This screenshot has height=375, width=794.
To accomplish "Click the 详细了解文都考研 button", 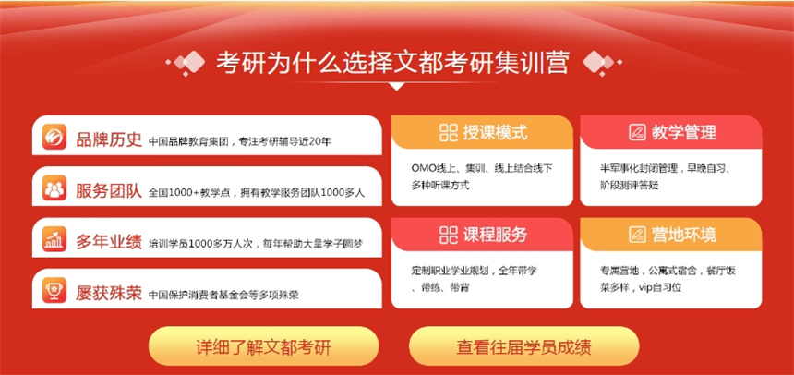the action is (x=263, y=346).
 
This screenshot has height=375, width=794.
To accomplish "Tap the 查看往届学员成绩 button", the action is (x=523, y=346).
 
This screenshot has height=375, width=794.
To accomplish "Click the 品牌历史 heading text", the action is (x=109, y=139).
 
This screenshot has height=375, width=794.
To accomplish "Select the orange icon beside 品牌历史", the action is (x=54, y=137).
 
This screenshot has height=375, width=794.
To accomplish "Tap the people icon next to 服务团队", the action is (x=54, y=188).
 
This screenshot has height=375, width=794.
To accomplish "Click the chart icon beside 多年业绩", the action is (x=54, y=239).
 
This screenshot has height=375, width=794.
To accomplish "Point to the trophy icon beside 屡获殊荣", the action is (x=54, y=290).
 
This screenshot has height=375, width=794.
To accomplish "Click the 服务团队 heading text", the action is (x=109, y=190).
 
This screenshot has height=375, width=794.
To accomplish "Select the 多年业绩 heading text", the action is (x=109, y=241).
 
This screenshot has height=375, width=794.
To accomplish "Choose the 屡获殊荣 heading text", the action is (x=109, y=293).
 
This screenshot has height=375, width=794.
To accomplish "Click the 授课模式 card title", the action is (x=495, y=132).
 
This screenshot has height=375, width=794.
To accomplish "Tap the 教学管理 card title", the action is (x=683, y=132).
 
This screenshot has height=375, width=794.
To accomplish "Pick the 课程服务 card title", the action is (x=495, y=234).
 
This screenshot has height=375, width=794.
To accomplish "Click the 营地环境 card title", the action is (x=683, y=234).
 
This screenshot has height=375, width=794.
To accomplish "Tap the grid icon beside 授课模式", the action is (x=448, y=132).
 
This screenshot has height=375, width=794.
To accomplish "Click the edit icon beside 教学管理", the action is (x=638, y=132).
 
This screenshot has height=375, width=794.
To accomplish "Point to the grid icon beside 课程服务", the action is (x=448, y=234).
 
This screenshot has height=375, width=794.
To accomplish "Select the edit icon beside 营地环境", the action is (x=638, y=234).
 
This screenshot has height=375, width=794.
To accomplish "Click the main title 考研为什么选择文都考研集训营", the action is (x=393, y=63).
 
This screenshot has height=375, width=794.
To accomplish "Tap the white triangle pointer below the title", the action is (x=396, y=86).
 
